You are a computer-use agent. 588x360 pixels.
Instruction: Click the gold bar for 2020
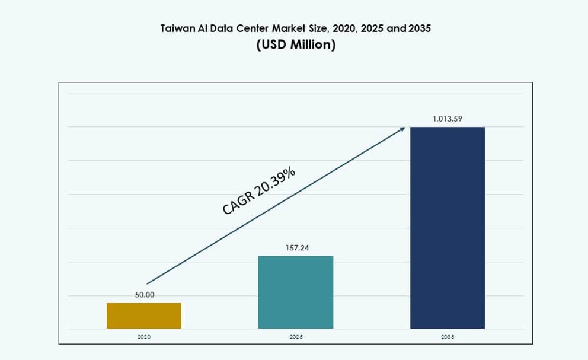click(x=144, y=316)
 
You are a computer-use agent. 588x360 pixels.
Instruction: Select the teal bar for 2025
click(x=296, y=292)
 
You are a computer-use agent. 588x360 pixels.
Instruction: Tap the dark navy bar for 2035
click(x=448, y=228)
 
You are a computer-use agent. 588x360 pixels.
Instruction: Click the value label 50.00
click(x=144, y=295)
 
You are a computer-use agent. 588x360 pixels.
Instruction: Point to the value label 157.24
click(x=296, y=248)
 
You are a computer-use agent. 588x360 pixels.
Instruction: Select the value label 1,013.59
click(x=448, y=119)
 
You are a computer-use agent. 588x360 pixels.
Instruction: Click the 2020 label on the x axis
click(x=144, y=336)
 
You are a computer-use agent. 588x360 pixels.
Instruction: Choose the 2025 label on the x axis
click(x=296, y=336)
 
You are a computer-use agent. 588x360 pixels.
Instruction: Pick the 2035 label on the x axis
click(x=448, y=336)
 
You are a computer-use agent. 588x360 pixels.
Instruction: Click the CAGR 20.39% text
click(x=259, y=191)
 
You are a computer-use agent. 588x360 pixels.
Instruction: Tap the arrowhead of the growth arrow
click(x=402, y=128)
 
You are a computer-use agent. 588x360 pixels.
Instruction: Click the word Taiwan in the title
click(x=177, y=28)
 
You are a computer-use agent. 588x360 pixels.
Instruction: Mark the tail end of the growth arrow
click(x=148, y=283)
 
